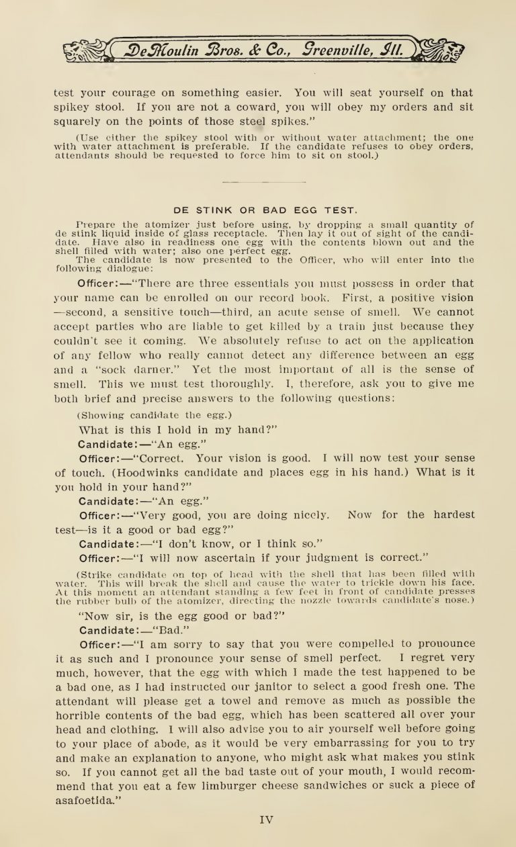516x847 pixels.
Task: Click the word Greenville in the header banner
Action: point(336,49)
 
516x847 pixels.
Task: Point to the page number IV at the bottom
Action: point(265,819)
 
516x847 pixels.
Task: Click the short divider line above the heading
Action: point(255,181)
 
